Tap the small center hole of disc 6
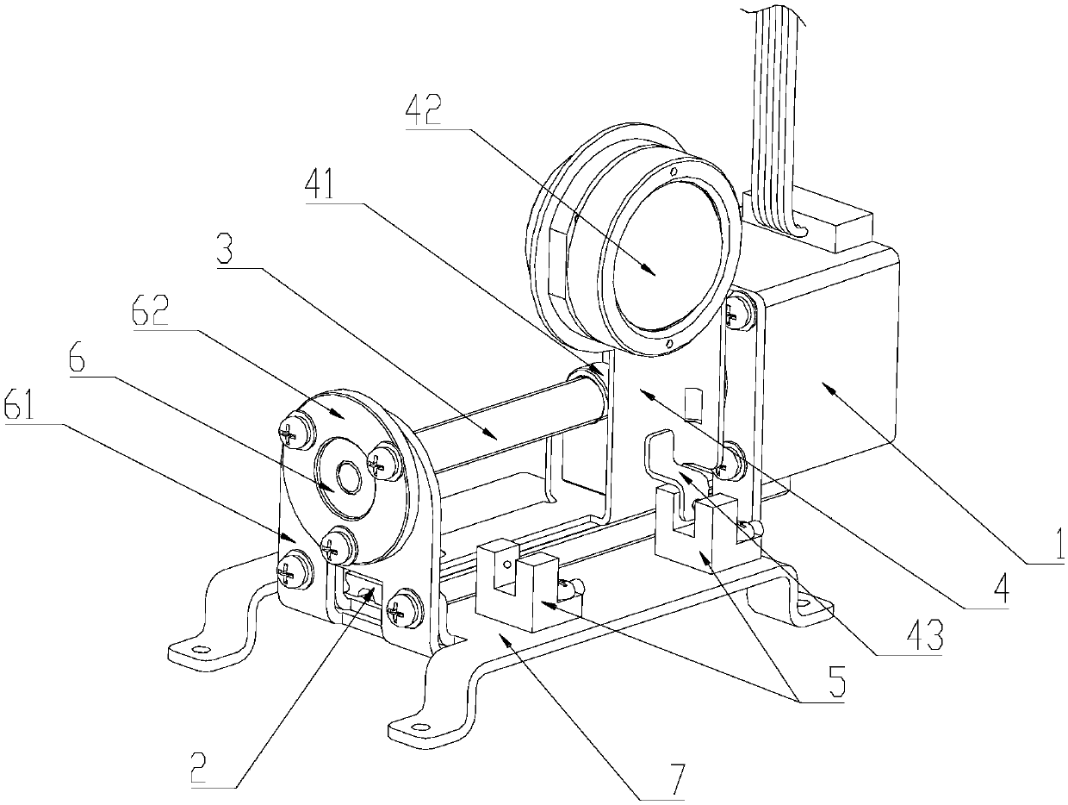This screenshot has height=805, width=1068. [349, 476]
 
